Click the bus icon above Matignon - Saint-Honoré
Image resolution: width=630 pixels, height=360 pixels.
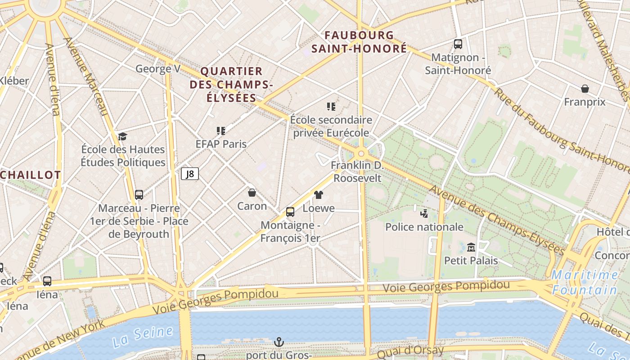point(458,44)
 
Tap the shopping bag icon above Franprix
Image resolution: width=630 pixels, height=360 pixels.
point(585,89)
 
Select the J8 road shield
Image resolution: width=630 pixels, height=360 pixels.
point(190,174)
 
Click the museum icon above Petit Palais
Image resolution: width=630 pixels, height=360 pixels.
point(471,247)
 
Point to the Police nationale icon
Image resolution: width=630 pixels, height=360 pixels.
point(423,213)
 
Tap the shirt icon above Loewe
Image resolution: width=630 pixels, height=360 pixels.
point(319,195)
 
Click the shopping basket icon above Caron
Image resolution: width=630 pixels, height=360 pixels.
point(252,193)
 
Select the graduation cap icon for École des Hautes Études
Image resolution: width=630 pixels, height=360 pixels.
point(122,136)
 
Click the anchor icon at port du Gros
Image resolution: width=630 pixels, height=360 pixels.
point(279,342)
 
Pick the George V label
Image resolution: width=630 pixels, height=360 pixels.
point(158,69)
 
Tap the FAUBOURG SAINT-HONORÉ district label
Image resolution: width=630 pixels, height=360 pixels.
point(359,42)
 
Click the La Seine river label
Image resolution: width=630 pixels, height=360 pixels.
point(143,337)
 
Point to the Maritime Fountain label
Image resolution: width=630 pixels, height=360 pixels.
point(585,282)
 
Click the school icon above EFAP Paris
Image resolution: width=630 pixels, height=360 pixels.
point(220,131)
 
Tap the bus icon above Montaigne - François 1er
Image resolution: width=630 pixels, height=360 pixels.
point(290,211)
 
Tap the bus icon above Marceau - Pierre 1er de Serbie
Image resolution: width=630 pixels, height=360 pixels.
point(139,195)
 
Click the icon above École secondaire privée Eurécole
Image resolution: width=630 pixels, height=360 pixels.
point(331,107)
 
